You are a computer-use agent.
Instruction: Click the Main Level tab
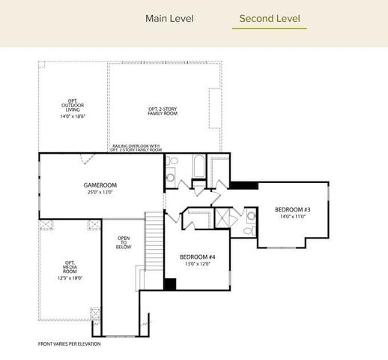169,18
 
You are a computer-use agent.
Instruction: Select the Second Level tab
269,18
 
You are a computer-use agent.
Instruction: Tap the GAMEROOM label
100,185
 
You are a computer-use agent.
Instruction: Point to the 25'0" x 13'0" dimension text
100,192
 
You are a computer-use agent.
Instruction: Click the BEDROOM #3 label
292,209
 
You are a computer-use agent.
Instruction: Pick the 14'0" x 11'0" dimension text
292,217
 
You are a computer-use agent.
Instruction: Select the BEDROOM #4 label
198,257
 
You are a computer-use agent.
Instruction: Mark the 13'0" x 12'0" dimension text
198,264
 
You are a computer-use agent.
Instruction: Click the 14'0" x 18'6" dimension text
72,116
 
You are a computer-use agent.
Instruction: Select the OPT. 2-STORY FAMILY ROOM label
164,112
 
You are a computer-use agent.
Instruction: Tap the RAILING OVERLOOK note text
136,148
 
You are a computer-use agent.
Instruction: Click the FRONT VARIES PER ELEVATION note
69,344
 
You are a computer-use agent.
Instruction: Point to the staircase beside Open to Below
154,240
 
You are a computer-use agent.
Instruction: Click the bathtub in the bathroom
198,166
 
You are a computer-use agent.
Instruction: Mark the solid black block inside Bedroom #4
170,284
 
